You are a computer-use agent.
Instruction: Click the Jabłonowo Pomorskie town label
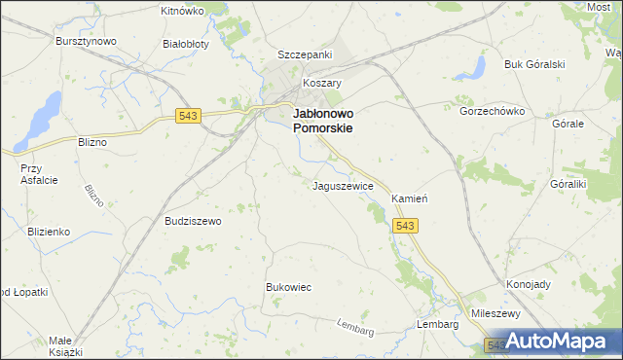[x=322, y=120]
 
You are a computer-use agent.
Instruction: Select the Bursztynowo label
[x=86, y=42]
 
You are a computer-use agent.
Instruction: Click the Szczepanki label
[x=305, y=54]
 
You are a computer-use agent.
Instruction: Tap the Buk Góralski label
[x=534, y=64]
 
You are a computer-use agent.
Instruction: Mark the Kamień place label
[x=410, y=198]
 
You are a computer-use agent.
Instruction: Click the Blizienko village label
[x=48, y=232]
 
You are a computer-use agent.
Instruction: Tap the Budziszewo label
[x=194, y=221]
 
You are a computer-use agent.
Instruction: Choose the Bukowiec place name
[x=288, y=287]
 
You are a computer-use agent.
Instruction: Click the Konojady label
[x=529, y=285]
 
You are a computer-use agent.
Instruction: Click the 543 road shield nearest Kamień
[x=407, y=226]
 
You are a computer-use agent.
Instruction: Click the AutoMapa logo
[x=550, y=342]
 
